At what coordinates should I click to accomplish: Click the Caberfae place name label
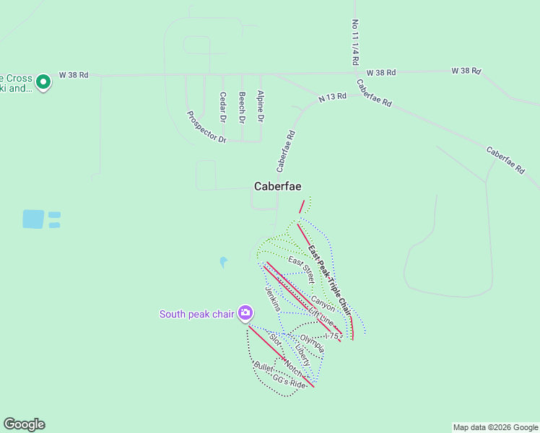click(x=277, y=186)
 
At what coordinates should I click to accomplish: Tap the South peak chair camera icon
click(x=246, y=313)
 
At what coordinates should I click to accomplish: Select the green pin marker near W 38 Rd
click(x=43, y=82)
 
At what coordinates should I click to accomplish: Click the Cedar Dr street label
click(x=223, y=106)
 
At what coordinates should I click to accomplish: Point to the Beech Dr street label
click(x=242, y=106)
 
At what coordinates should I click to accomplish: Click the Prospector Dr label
click(x=206, y=126)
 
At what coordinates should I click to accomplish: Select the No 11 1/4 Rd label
click(x=356, y=43)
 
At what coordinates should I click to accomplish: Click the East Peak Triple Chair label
click(x=328, y=278)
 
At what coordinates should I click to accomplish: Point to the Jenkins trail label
click(x=273, y=298)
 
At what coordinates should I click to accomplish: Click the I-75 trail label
click(x=331, y=336)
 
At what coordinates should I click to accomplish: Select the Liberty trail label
click(x=302, y=354)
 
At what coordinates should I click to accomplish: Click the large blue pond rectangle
click(x=33, y=219)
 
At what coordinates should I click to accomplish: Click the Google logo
click(x=24, y=424)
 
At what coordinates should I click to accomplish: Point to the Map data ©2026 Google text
click(x=495, y=427)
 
